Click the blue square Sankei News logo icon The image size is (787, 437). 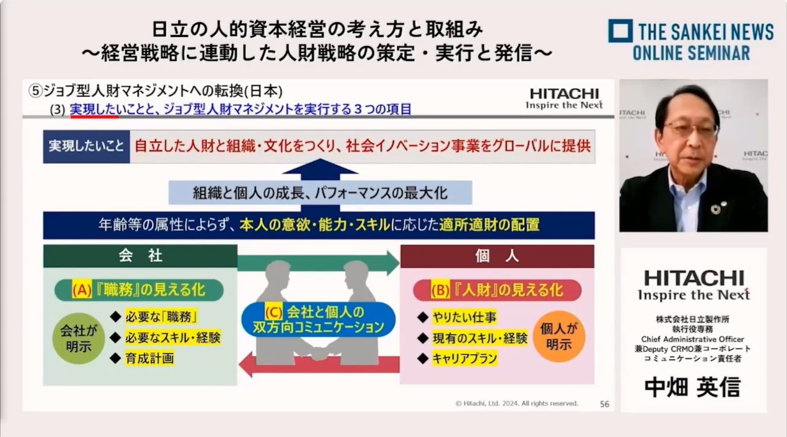[620, 31]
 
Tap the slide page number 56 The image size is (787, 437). [604, 404]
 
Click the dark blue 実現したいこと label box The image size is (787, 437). [86, 146]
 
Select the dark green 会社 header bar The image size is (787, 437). [140, 256]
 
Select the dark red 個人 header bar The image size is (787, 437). [497, 256]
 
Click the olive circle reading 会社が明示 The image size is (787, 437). [79, 338]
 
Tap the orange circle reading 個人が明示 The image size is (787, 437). [558, 336]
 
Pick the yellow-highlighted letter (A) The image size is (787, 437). [82, 290]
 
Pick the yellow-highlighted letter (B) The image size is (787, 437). [440, 290]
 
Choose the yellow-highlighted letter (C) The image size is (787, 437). [273, 311]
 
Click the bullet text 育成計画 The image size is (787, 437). [149, 359]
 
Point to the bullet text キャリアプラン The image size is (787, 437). [465, 359]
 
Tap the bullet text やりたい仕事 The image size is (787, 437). [464, 317]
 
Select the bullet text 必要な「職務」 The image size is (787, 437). [161, 317]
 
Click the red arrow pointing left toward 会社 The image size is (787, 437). [319, 364]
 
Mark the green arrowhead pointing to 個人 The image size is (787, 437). [393, 262]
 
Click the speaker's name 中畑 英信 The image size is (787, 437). [693, 387]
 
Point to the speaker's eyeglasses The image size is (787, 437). [691, 128]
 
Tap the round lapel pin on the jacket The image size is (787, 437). [716, 209]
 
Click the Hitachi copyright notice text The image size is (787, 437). [516, 403]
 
